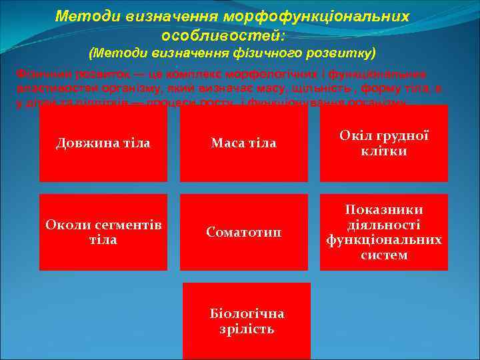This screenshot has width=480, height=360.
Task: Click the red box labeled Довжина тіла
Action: click(103, 143)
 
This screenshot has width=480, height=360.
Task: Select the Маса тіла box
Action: click(243, 143)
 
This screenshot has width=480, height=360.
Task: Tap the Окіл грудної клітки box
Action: click(383, 143)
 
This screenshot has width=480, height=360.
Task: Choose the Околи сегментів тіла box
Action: click(103, 231)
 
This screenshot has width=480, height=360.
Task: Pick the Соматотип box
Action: click(243, 231)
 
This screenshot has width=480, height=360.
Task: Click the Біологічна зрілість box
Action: click(247, 321)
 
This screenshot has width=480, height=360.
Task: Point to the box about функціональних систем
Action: click(383, 231)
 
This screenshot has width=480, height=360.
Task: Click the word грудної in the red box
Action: click(400, 136)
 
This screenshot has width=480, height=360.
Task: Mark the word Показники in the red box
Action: click(384, 210)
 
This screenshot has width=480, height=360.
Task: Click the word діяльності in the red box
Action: click(384, 225)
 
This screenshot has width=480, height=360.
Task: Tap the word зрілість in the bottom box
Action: click(247, 329)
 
